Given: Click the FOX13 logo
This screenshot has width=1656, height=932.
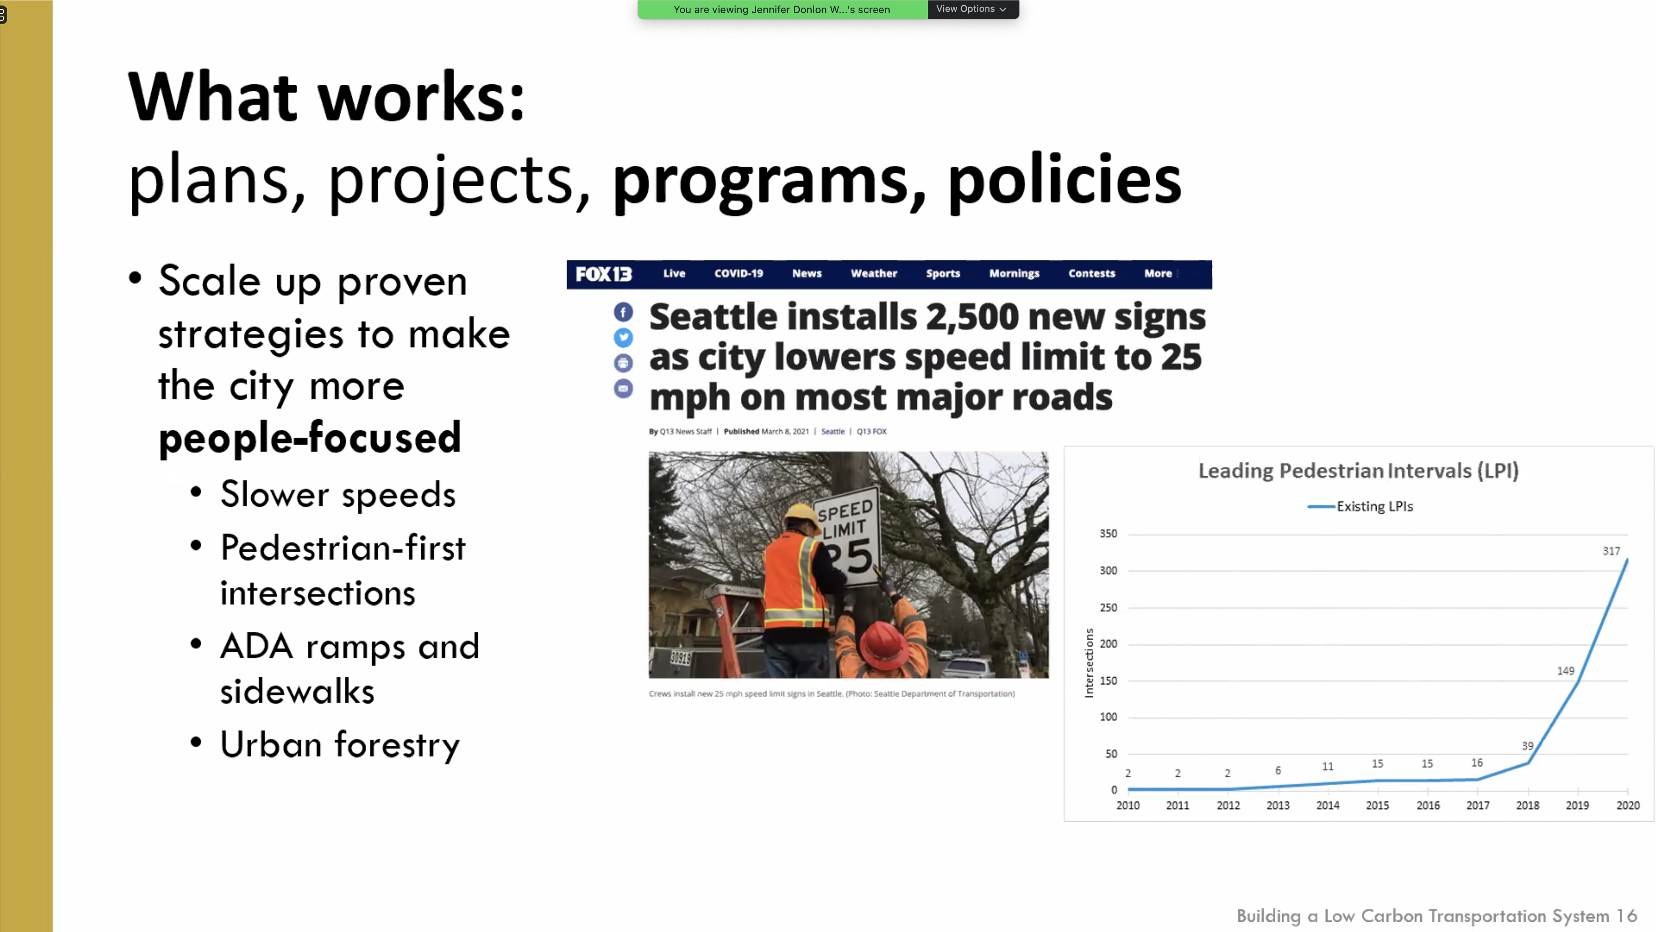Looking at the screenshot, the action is (x=604, y=274).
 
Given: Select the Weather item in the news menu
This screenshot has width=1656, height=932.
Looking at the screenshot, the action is (x=874, y=273).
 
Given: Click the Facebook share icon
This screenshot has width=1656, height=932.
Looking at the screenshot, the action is (x=623, y=313).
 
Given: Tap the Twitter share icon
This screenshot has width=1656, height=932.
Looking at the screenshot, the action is (x=623, y=338).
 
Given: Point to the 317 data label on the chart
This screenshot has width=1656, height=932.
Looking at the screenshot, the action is (x=1611, y=551).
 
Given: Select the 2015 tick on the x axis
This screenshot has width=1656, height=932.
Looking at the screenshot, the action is (x=1377, y=805).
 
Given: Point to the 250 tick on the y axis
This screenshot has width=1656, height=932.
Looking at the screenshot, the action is (x=1108, y=607).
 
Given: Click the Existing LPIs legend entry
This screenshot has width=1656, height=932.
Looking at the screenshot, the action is (x=1360, y=506).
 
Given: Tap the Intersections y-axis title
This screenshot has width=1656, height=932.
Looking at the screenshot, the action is (x=1089, y=662).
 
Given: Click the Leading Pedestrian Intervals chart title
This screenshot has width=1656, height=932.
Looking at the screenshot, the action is (x=1358, y=471).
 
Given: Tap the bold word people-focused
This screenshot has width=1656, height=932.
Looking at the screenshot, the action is (x=310, y=437).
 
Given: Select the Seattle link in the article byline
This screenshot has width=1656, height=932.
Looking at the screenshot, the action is (x=832, y=432).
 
